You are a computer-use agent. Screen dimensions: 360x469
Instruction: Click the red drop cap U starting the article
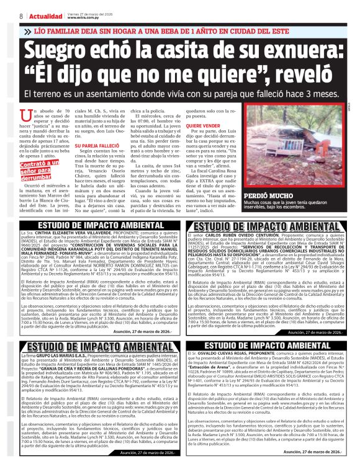[26, 115]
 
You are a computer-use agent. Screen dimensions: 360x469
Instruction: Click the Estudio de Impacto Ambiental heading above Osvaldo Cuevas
[271, 344]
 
